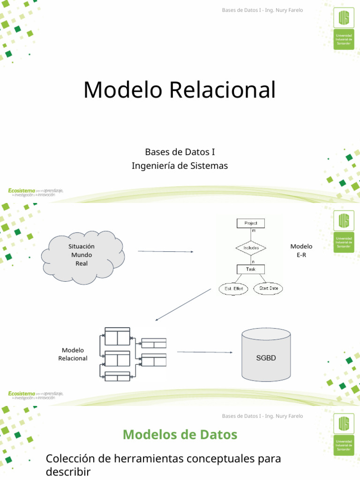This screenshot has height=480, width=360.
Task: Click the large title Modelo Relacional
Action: pos(180,90)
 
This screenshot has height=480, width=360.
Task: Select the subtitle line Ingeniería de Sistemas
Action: pos(180,165)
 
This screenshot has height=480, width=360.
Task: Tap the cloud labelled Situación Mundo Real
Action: pos(82,255)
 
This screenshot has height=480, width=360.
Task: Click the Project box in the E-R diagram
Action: pos(250,223)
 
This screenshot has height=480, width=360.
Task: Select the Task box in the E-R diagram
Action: pos(250,269)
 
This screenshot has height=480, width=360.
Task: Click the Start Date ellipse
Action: pos(269,288)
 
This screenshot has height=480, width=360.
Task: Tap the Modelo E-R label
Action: pos(301,251)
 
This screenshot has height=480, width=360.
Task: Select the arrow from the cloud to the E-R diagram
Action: pos(165,252)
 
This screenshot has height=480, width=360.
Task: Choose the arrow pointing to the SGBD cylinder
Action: pos(204,352)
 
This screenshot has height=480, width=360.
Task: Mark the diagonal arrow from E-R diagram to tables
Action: pos(183,305)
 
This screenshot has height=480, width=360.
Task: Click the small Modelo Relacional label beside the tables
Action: pos(73,354)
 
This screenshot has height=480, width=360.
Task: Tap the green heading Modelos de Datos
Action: pos(180,435)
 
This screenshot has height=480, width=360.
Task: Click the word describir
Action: pos(68,472)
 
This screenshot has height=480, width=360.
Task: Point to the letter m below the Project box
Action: pos(254,231)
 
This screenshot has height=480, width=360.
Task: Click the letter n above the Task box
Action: pos(253,262)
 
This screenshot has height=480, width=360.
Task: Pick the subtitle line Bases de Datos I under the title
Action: pos(180,152)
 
